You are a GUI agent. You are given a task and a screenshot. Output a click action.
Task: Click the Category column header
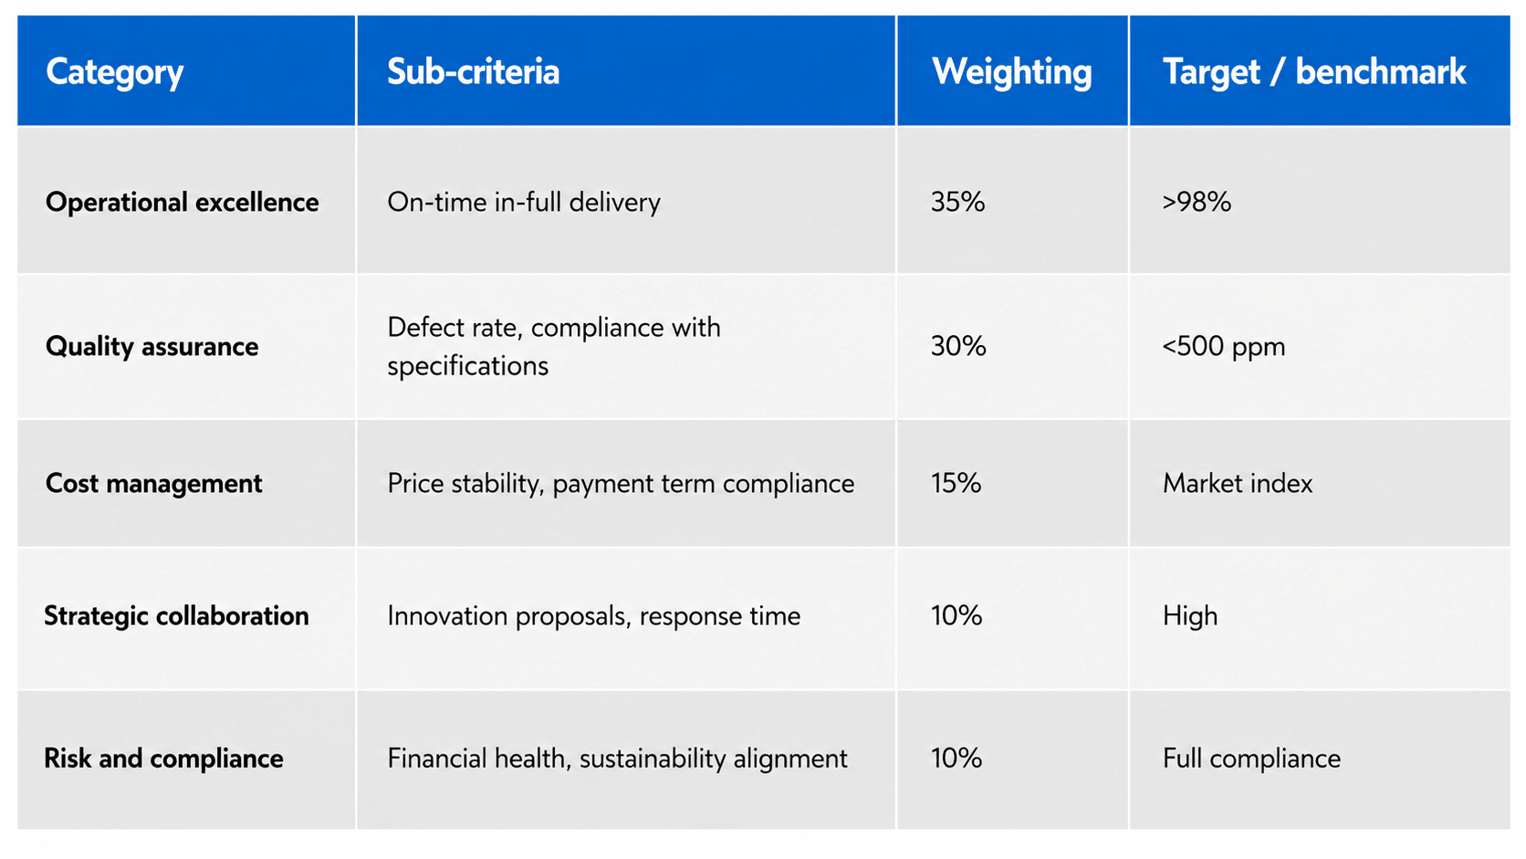coord(114,72)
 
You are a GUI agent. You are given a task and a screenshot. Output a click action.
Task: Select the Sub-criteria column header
coord(474,71)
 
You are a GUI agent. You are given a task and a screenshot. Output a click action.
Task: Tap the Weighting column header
coord(1011,72)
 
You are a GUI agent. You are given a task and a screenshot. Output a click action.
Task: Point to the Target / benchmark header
coord(1314,71)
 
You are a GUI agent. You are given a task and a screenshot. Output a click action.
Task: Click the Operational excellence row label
coord(182,202)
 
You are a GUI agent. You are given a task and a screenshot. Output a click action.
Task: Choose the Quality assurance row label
coord(152,346)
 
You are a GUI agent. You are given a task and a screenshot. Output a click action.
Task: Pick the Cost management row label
coord(154,483)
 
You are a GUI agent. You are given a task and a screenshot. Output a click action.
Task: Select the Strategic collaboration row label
coord(176,616)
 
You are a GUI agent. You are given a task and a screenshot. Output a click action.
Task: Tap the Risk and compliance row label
coord(163,759)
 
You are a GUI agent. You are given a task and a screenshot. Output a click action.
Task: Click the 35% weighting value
coord(957,202)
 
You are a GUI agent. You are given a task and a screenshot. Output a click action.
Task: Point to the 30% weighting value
coord(958,346)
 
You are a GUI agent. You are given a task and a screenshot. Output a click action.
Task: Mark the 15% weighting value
coord(956,483)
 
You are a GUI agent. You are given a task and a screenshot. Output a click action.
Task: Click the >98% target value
coord(1197,202)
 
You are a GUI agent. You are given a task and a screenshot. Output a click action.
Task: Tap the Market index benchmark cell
coord(1238,483)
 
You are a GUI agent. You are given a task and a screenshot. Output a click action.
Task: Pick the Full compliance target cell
coord(1252,759)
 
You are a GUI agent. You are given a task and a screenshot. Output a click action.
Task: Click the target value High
coord(1190,616)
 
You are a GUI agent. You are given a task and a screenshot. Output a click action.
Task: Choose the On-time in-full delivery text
coord(524,203)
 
